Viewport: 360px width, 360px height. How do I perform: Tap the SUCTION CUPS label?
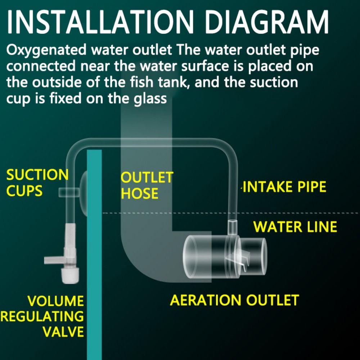click(x=37, y=183)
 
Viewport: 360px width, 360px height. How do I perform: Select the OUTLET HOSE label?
click(x=147, y=186)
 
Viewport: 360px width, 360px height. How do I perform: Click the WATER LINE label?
click(x=295, y=227)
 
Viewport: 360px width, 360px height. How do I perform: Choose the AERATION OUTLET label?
click(x=234, y=300)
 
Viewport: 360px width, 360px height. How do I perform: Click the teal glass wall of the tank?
click(x=94, y=270)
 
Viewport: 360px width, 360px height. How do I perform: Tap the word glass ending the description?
click(x=149, y=98)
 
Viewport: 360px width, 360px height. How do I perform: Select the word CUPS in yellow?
click(x=25, y=191)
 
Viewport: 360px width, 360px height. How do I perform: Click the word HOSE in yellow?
click(x=139, y=194)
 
